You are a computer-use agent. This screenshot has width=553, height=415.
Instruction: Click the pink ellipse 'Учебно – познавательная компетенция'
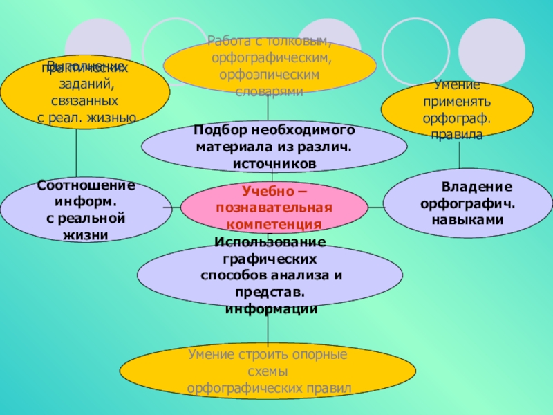[x=274, y=207]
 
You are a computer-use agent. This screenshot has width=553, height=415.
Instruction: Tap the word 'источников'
[x=274, y=163]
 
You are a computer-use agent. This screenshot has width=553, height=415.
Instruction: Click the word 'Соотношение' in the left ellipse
[x=86, y=186]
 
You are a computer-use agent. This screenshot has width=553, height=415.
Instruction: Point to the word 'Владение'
[x=477, y=187]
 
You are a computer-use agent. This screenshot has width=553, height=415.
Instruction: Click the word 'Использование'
[x=270, y=241]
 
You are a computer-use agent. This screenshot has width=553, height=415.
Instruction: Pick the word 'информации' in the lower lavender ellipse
[x=271, y=308]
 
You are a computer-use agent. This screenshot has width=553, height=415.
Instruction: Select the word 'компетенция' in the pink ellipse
[x=274, y=225]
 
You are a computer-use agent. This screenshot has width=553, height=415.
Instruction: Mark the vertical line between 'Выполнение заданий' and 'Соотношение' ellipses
[x=77, y=153]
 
